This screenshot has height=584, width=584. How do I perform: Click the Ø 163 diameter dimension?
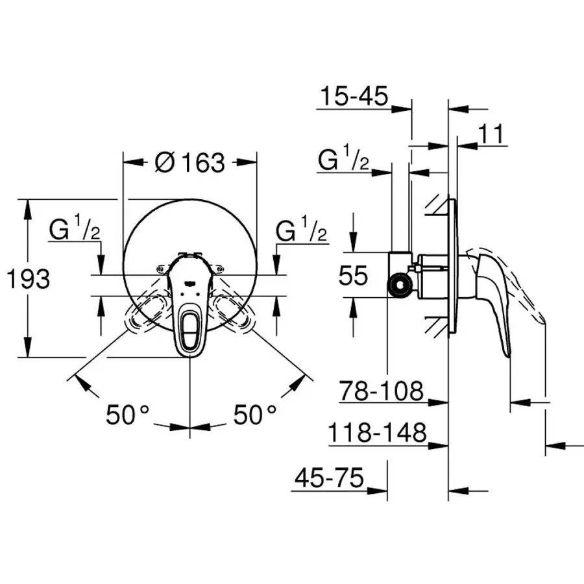coord(189,162)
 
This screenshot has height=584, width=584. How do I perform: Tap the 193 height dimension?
coord(27,279)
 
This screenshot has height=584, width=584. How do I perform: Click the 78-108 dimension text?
coord(382,391)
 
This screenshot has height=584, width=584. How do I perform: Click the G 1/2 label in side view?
coord(344,160)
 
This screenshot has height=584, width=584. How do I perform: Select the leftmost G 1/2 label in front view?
coord(75,231)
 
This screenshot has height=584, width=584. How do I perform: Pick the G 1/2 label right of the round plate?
coord(301,231)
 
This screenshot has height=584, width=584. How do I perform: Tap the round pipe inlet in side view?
coord(398,286)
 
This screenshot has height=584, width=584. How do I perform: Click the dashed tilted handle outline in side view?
coord(519,286)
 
